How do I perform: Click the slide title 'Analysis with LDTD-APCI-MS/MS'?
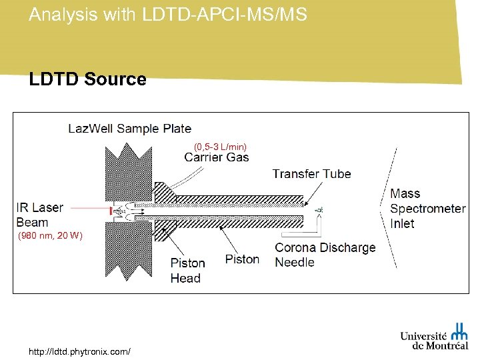coord(168,15)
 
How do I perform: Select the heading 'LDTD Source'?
coord(87,79)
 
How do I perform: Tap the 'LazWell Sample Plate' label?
coord(129,129)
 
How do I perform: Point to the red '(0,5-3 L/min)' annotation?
coord(220,146)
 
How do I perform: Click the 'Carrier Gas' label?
coord(217,157)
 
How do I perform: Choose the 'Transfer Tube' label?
coord(311,174)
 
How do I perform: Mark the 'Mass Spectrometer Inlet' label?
coord(427,209)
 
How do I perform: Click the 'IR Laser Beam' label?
coord(39,215)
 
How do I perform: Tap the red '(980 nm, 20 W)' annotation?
coord(51,236)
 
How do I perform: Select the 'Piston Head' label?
coord(187,271)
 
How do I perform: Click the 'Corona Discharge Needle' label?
coord(325,255)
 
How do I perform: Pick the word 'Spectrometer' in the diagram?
coord(427,209)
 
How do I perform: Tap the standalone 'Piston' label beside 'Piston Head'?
coord(242,259)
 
